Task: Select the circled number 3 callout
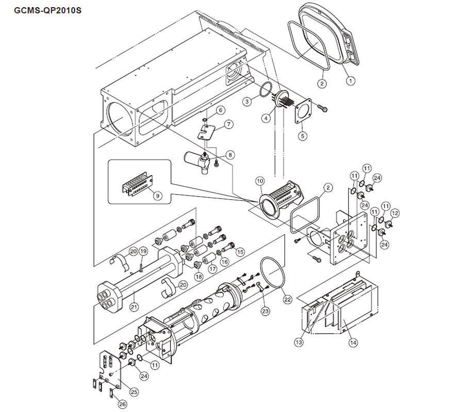click(248, 102)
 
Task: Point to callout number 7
click(228, 124)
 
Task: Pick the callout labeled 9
click(152, 195)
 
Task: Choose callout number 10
click(259, 181)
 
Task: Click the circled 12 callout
click(395, 213)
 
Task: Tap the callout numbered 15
click(240, 252)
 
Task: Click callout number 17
click(211, 268)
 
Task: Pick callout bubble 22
click(287, 298)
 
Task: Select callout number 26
click(123, 405)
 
